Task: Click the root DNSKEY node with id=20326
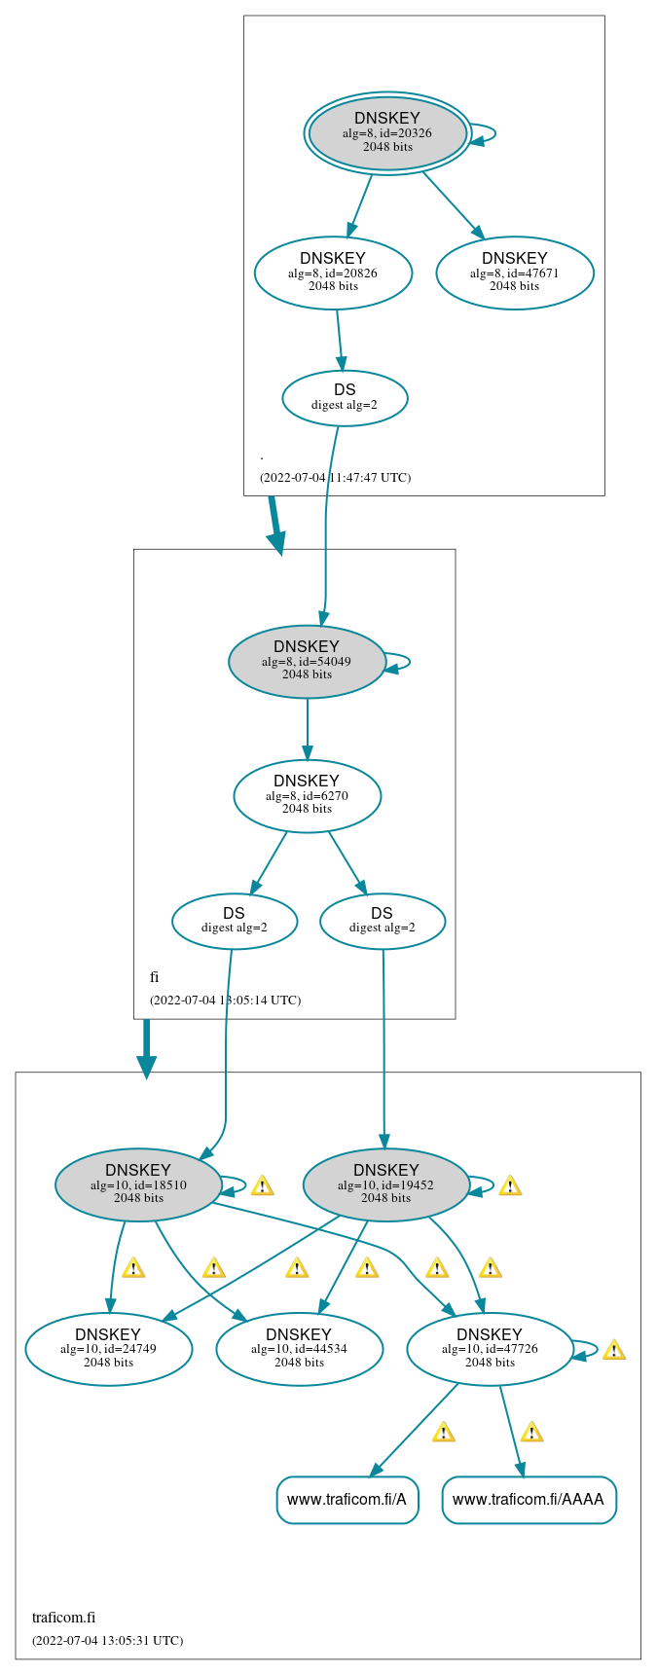coord(387,133)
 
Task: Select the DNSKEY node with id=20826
coord(333,273)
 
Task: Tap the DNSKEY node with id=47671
coord(514,273)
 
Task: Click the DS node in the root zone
coord(345,398)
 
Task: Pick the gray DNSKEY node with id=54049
coord(307,662)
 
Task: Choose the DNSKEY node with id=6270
coord(307,796)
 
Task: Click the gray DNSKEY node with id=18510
coord(138,1184)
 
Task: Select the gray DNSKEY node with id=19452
coord(386,1184)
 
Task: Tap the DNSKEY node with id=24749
coord(108,1349)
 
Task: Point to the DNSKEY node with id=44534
coord(299,1349)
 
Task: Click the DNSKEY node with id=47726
coord(490,1349)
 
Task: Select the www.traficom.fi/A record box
coord(347,1500)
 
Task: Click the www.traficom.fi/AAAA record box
coord(529,1500)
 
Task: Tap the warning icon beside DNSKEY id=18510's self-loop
coord(262,1186)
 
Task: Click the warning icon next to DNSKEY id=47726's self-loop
coord(613,1351)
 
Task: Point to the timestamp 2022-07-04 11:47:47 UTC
coord(335,478)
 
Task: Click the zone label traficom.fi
coord(63,1618)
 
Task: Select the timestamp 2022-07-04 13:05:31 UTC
coord(107,1641)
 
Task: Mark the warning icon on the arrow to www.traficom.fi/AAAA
coord(531,1433)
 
